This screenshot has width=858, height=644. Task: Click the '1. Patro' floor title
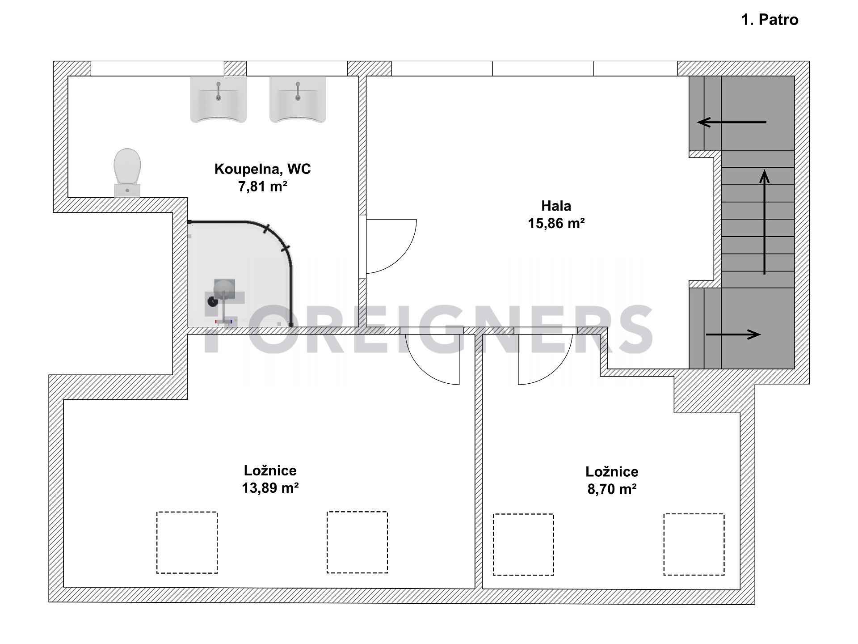click(x=770, y=20)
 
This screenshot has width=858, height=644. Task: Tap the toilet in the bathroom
click(x=127, y=173)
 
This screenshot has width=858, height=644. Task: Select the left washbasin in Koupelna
click(x=218, y=99)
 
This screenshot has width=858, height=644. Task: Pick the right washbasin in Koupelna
click(x=298, y=99)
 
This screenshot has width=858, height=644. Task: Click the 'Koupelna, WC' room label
click(x=262, y=169)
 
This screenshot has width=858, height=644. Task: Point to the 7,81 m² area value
click(x=262, y=186)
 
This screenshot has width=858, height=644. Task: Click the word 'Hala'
click(x=556, y=206)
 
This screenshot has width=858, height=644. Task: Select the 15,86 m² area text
click(x=556, y=223)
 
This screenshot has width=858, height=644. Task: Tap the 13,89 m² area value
click(x=270, y=487)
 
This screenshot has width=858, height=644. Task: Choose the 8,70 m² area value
click(x=612, y=489)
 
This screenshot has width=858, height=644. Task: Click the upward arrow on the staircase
click(x=765, y=222)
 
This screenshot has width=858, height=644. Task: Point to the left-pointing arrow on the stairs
click(x=732, y=122)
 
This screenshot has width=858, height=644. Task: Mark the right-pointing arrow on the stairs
click(x=733, y=334)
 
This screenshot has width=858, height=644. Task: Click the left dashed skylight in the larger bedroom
click(x=187, y=542)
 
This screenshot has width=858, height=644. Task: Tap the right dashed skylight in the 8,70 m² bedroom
click(x=694, y=544)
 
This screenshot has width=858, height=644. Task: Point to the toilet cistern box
click(x=127, y=190)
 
